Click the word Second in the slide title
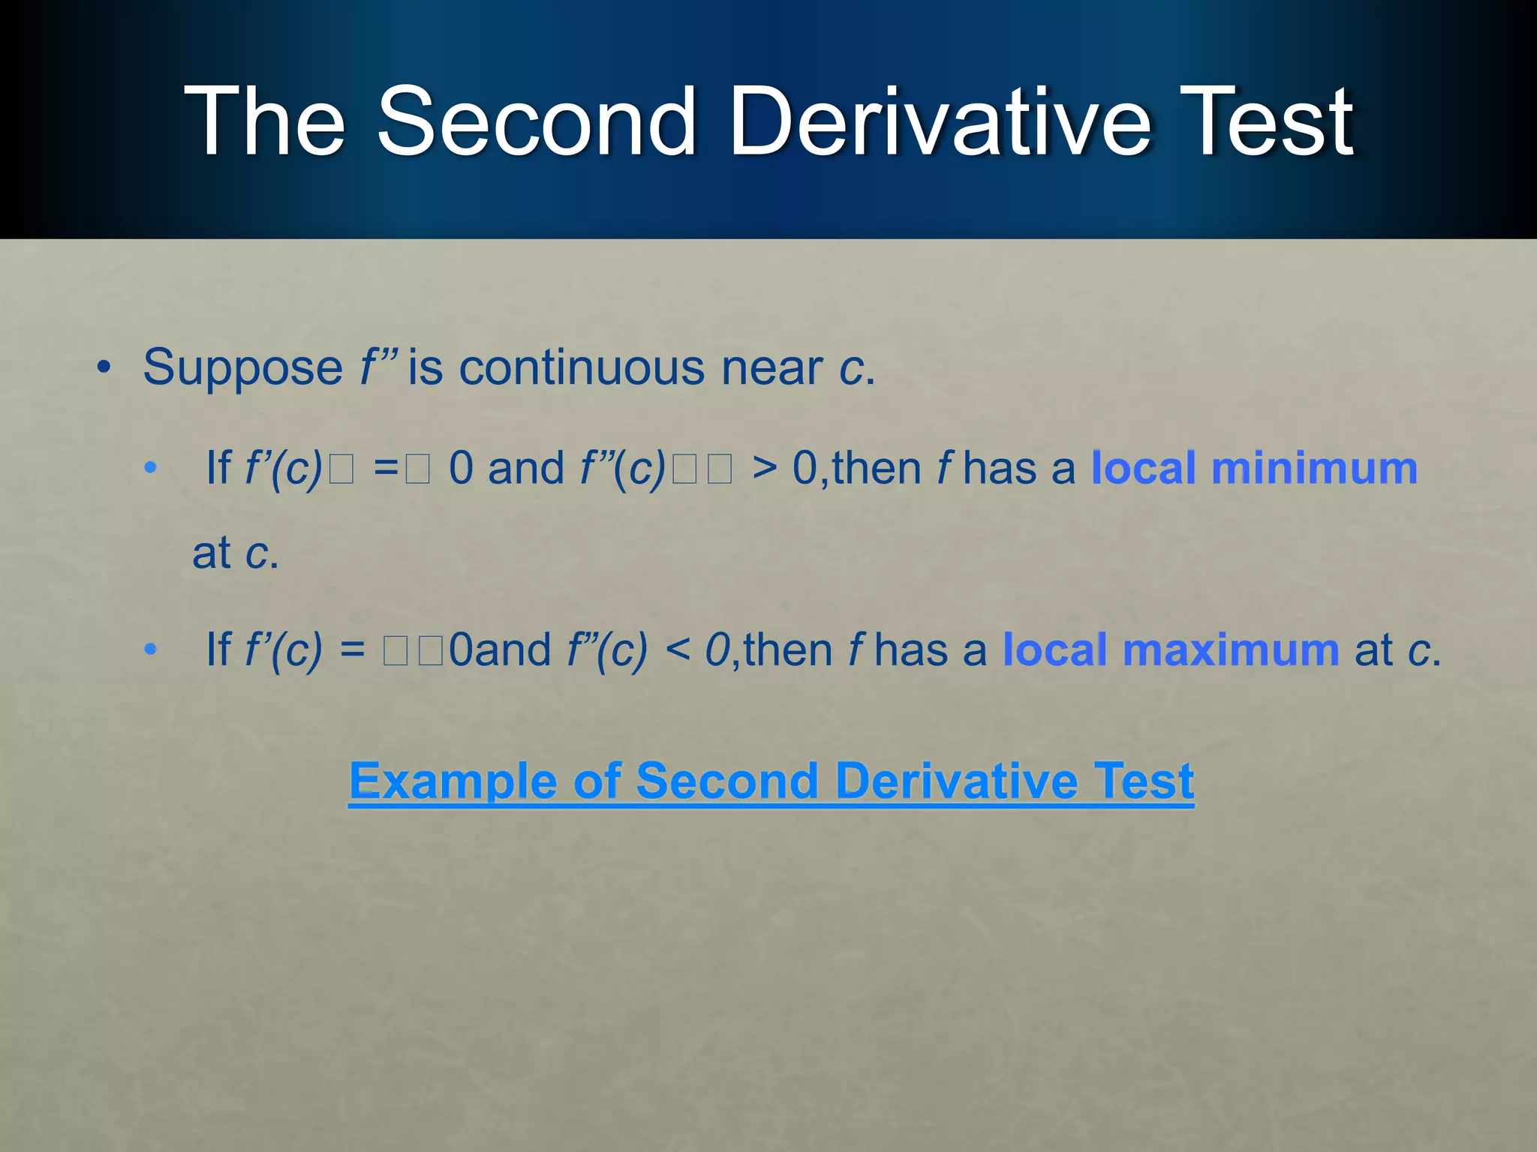click(x=536, y=122)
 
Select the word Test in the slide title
click(x=1268, y=122)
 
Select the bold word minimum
click(x=1314, y=469)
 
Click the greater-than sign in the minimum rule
click(x=764, y=469)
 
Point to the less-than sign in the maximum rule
click(x=677, y=649)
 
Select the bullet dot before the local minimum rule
click(x=151, y=469)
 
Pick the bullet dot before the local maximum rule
click(x=151, y=649)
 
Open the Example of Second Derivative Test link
click(x=771, y=781)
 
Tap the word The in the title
click(x=264, y=122)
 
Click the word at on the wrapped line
click(x=211, y=554)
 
